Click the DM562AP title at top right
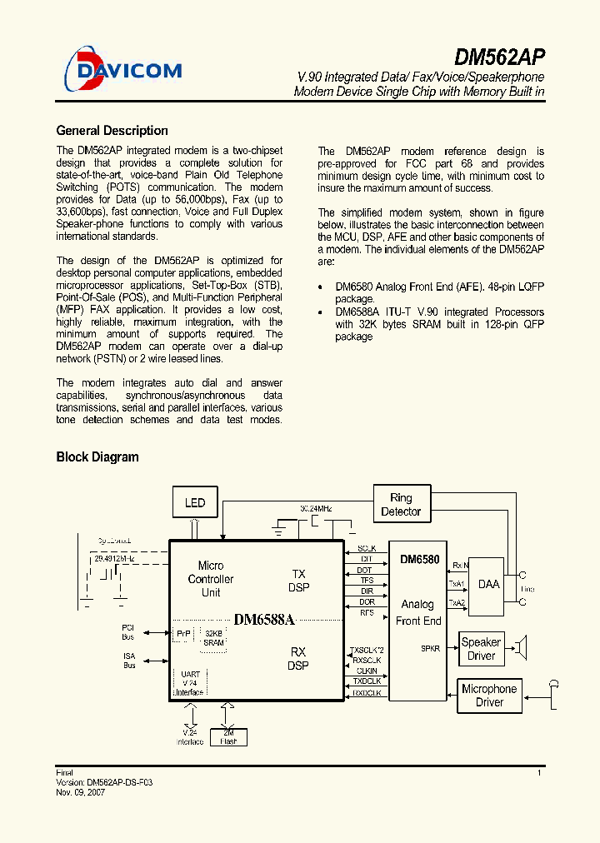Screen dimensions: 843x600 tap(500, 57)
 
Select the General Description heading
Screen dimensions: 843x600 tap(112, 131)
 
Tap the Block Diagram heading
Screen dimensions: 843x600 tap(97, 456)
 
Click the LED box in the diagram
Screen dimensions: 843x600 tap(195, 502)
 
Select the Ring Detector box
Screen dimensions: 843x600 tap(401, 505)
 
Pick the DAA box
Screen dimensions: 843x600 tap(488, 585)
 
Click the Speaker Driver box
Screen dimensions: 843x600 tap(481, 649)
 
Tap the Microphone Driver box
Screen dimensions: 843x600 tap(489, 696)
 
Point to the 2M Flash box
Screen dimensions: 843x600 tap(227, 736)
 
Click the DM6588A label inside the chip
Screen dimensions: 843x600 tap(265, 620)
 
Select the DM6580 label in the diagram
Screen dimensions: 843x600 tap(419, 559)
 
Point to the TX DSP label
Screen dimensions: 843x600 tap(298, 581)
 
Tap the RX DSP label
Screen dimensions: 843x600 tap(298, 658)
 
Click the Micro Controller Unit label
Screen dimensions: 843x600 tap(211, 579)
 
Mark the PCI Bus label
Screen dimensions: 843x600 tap(127, 631)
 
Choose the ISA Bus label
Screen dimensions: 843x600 tap(129, 661)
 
